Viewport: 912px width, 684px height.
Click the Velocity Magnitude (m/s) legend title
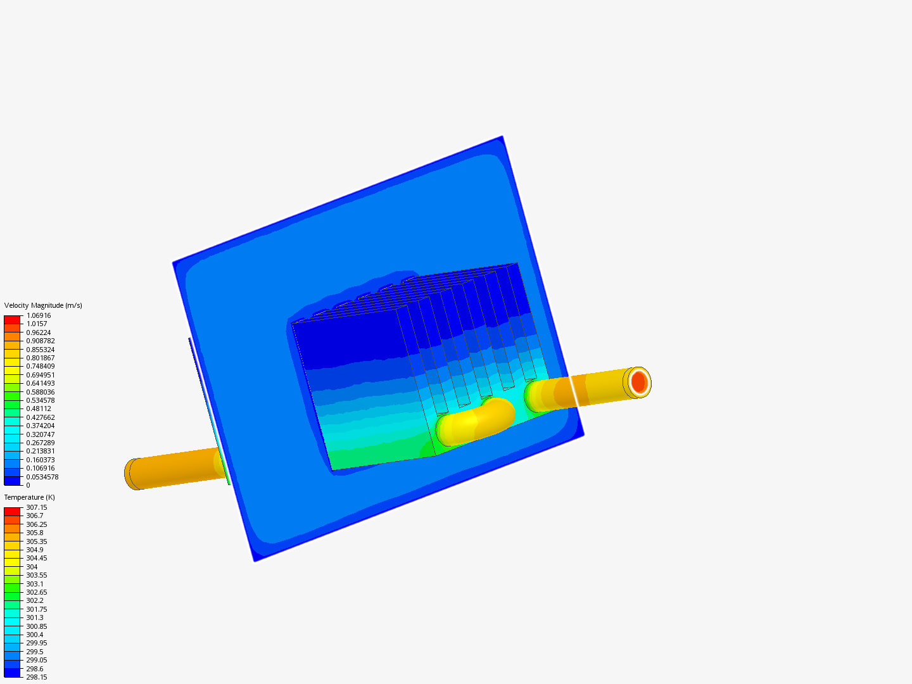(x=43, y=305)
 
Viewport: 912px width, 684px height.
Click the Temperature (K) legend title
(x=30, y=497)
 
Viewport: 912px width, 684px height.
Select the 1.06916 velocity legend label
(x=38, y=315)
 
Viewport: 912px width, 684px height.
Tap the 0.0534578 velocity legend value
(x=42, y=477)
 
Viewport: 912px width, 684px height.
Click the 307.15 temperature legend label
(x=37, y=507)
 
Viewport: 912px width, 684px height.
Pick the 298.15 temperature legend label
(x=37, y=677)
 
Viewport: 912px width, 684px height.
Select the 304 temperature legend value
(x=32, y=567)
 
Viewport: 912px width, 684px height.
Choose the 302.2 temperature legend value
(x=34, y=600)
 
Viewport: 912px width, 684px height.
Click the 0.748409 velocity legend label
(x=41, y=366)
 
